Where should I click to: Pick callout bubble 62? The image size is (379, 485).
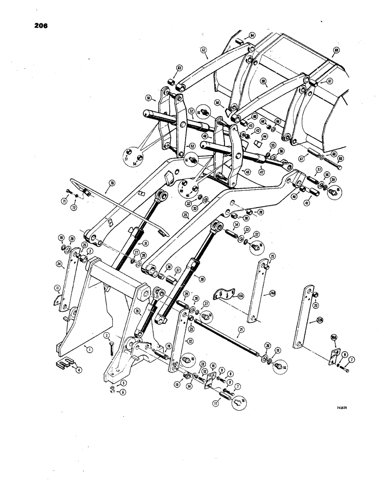204,49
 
